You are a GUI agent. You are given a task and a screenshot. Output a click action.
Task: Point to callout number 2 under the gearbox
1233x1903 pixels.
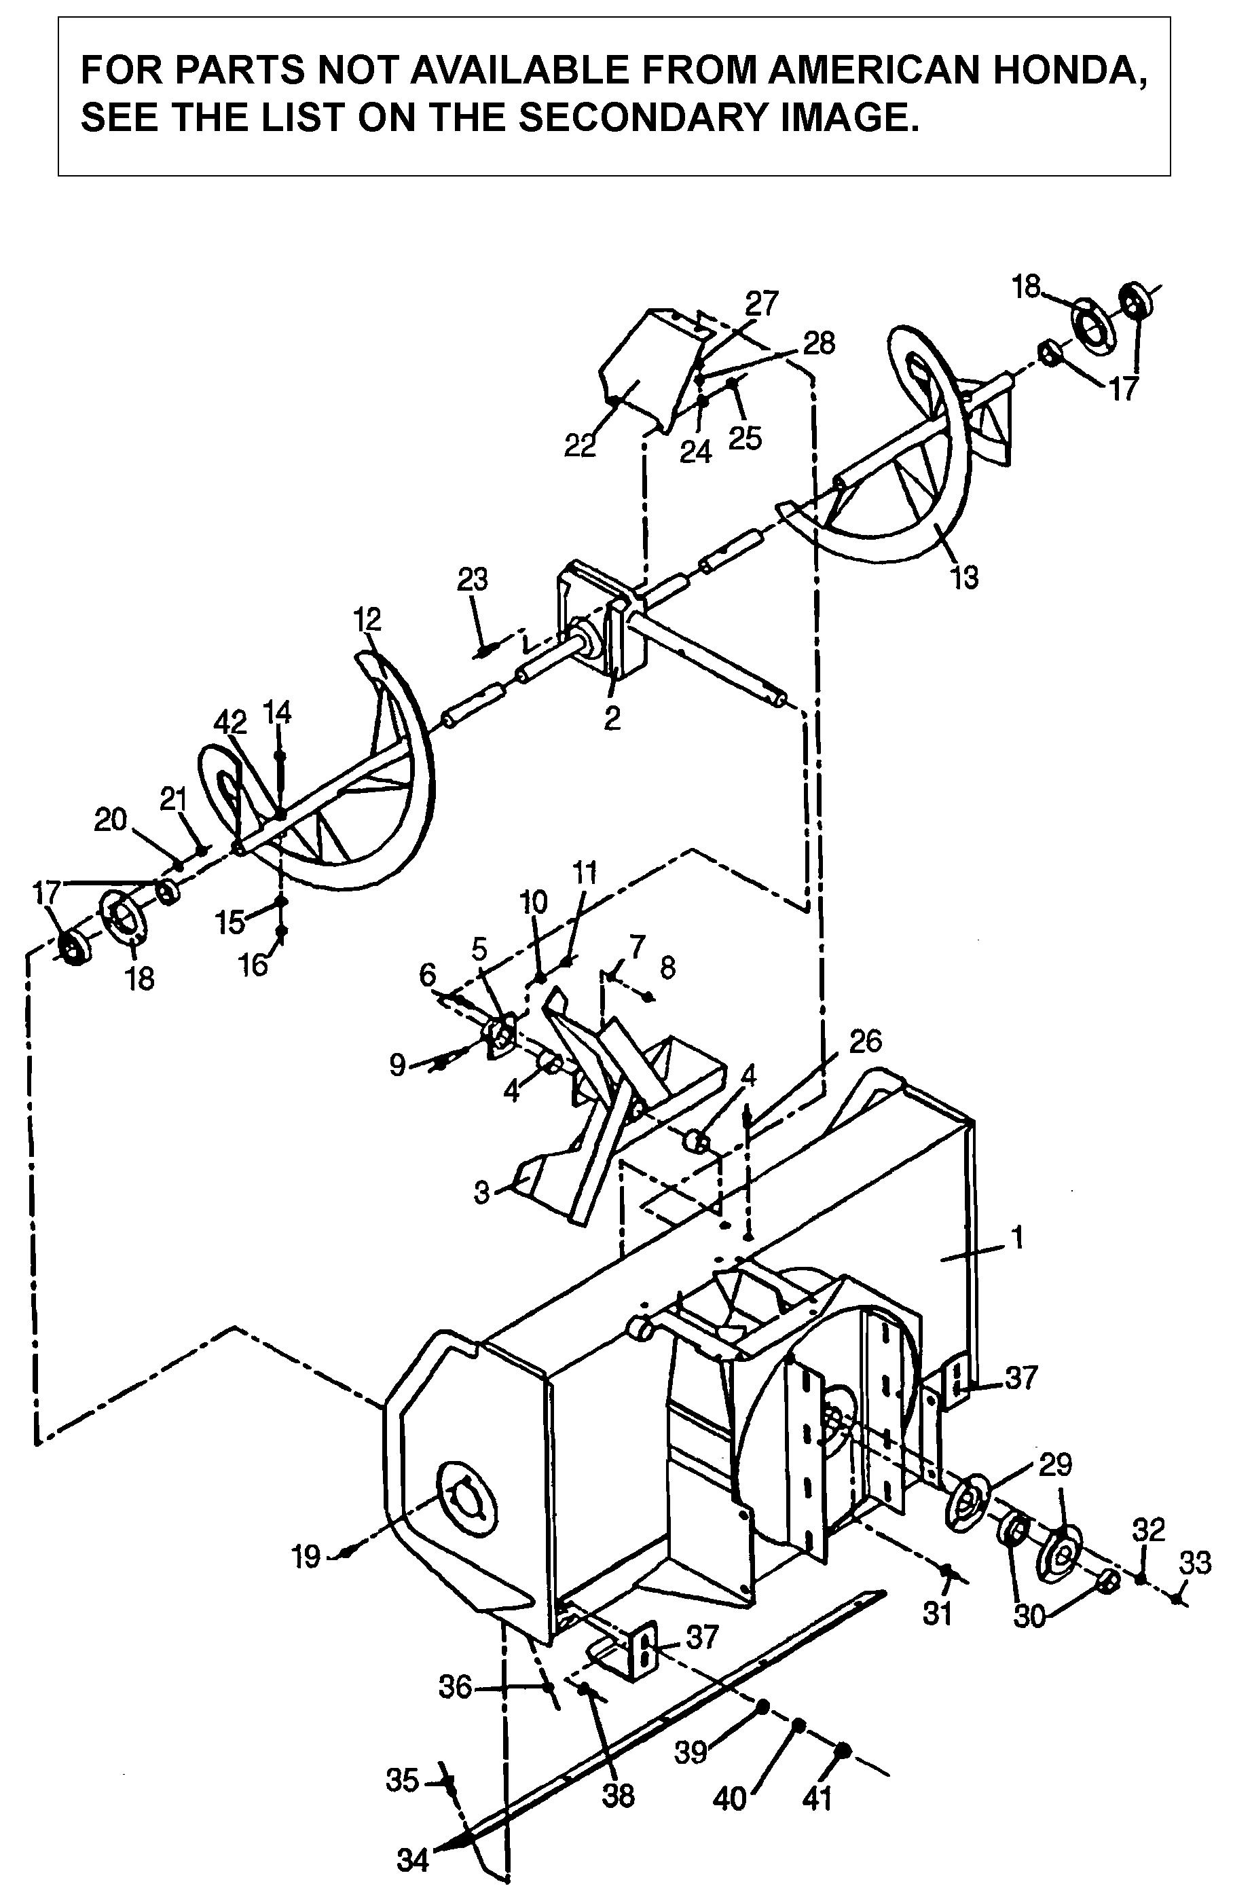coord(612,718)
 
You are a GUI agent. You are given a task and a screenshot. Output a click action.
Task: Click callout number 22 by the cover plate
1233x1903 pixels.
coord(580,445)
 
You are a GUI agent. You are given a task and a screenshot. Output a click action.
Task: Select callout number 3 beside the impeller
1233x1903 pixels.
coord(481,1192)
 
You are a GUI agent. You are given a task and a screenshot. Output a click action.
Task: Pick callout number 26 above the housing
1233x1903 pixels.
coord(864,1041)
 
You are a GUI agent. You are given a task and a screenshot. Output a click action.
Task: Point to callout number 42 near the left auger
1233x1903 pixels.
coord(230,722)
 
